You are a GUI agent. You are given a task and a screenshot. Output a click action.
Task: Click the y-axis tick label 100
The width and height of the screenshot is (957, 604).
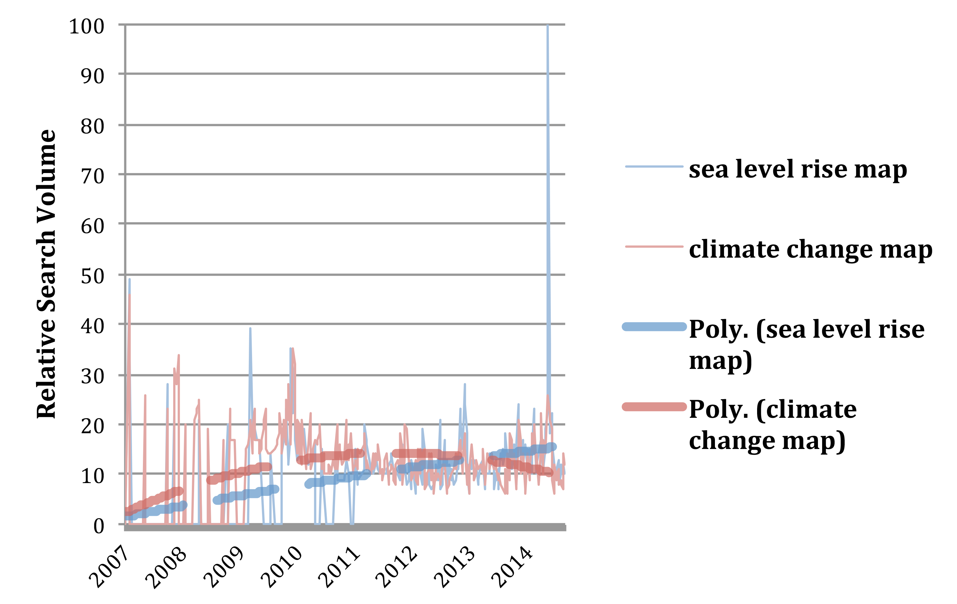click(x=87, y=27)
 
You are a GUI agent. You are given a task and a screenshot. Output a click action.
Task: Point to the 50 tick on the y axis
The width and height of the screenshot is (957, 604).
click(x=93, y=276)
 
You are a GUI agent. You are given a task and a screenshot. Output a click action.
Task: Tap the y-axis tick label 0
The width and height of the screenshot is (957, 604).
click(x=99, y=526)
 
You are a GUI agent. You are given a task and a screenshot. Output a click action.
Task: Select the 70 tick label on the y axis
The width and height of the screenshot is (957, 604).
click(x=93, y=176)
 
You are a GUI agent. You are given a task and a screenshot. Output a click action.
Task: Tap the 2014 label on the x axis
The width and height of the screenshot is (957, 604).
click(x=512, y=567)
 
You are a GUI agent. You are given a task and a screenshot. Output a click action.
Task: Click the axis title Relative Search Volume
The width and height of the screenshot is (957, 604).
click(x=46, y=274)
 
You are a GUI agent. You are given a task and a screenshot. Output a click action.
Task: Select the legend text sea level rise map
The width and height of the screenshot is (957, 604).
click(x=798, y=169)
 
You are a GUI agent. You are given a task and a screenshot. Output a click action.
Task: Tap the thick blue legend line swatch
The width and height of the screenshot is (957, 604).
click(x=654, y=327)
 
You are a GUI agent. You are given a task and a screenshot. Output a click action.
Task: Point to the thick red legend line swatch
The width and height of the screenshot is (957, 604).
click(x=654, y=407)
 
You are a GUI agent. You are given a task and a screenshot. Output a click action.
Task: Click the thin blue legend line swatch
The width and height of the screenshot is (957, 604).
click(x=654, y=166)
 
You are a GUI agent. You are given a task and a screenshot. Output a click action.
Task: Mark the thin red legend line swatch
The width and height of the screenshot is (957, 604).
click(x=654, y=247)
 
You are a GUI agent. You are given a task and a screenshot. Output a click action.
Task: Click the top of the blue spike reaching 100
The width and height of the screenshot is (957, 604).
click(x=548, y=25)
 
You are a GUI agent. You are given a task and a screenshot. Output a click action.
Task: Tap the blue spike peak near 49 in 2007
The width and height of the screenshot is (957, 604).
click(x=129, y=279)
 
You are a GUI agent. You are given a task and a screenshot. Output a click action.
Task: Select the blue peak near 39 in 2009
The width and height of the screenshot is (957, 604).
click(x=250, y=328)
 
